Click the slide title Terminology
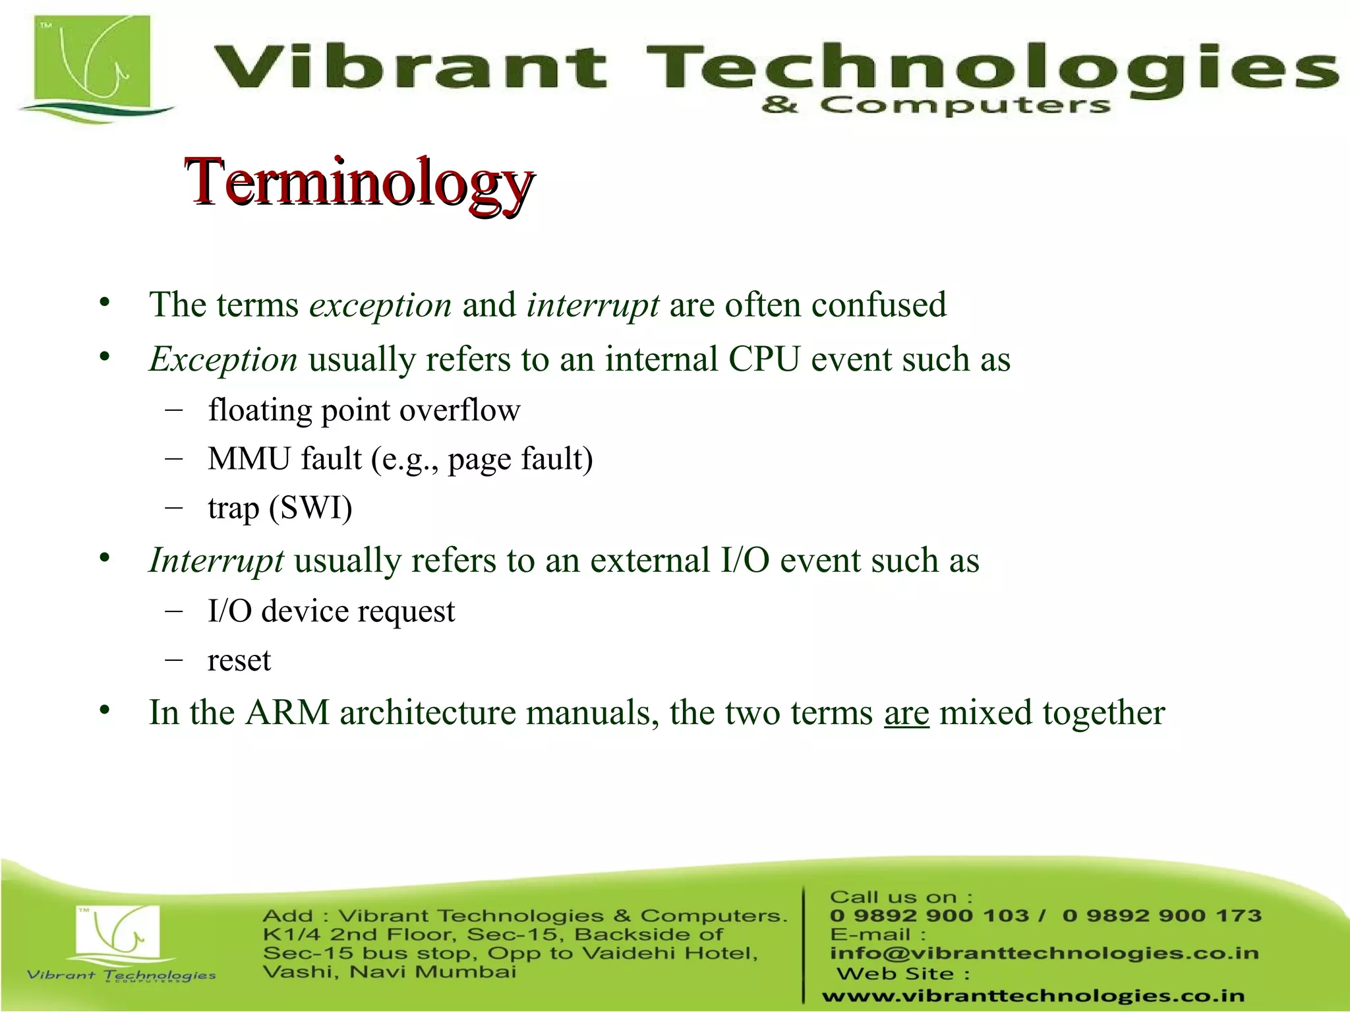(x=359, y=183)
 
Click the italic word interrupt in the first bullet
(x=592, y=305)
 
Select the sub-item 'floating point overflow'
(x=364, y=410)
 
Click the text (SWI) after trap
(x=310, y=508)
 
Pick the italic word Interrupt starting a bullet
(x=216, y=561)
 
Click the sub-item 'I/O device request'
(x=331, y=611)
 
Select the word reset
(x=239, y=661)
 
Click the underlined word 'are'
(x=906, y=714)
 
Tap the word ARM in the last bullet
(x=287, y=714)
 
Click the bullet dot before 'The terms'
(x=104, y=303)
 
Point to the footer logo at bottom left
(x=119, y=940)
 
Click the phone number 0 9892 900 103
(x=929, y=916)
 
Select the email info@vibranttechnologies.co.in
(x=1044, y=954)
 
